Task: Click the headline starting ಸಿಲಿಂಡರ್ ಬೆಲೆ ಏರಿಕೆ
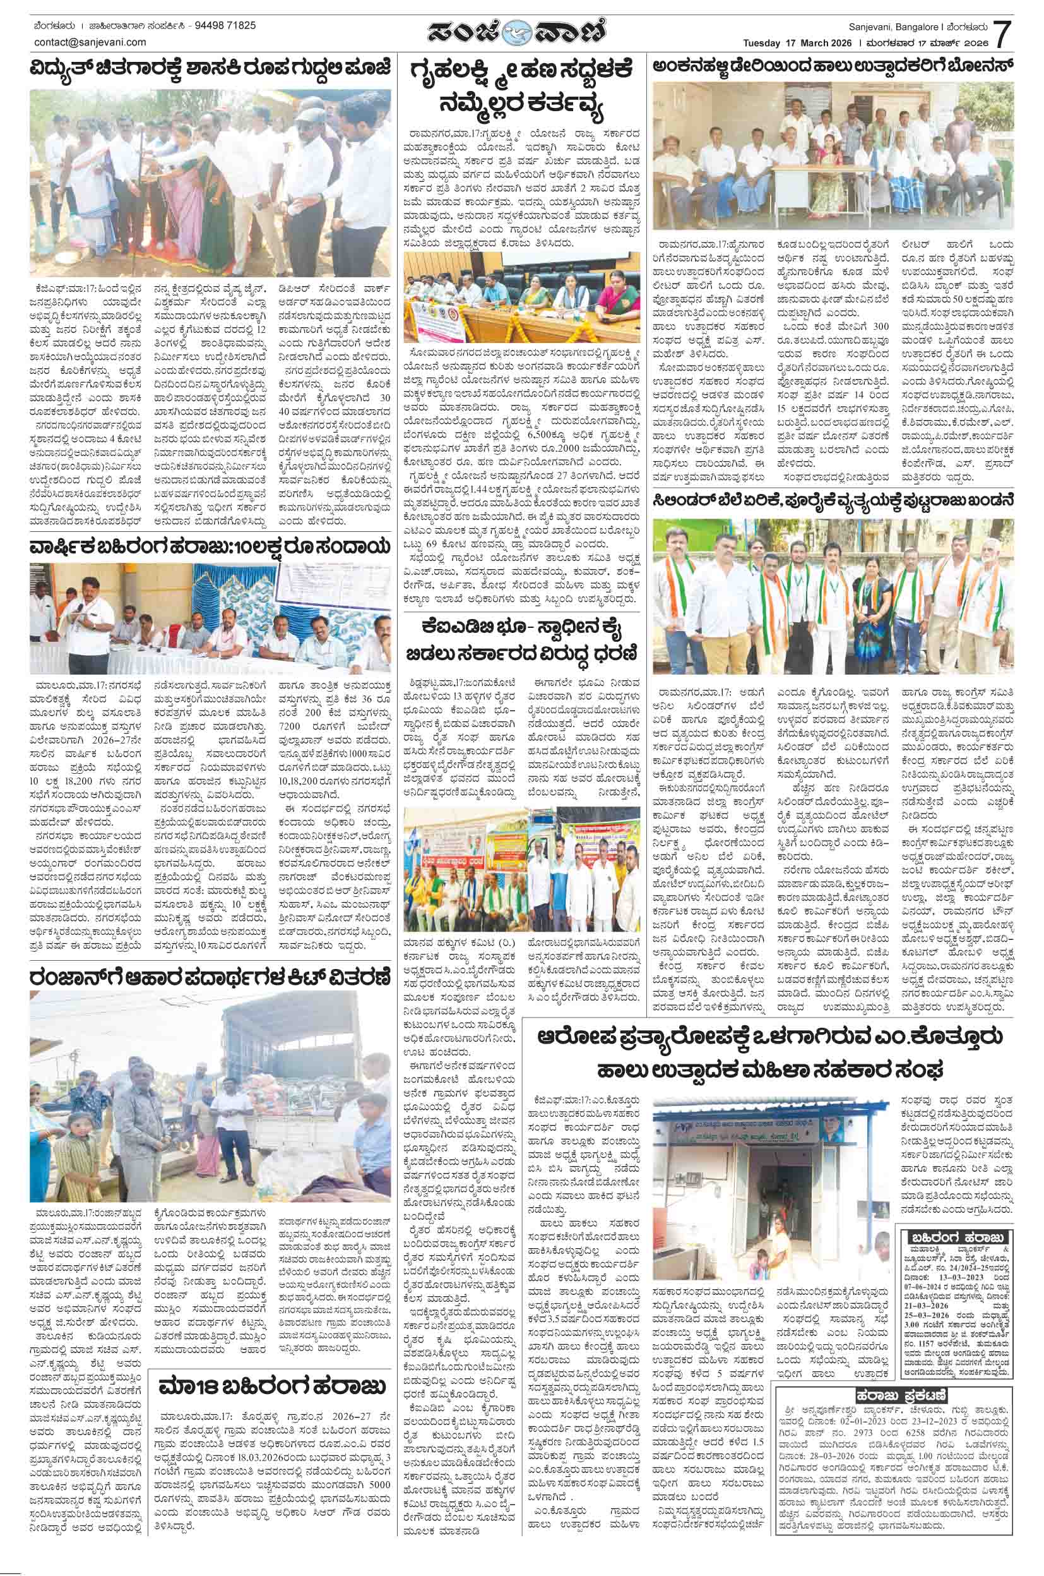834,501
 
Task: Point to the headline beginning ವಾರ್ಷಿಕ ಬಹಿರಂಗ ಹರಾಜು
208,546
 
